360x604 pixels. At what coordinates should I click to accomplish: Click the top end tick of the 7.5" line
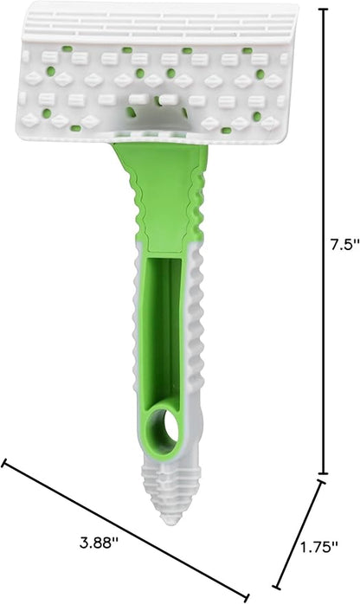pos(324,9)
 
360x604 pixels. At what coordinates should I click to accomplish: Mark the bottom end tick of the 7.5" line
pos(324,473)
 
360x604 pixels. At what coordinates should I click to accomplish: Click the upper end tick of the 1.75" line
pos(323,481)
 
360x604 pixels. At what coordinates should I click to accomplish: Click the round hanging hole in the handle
pos(169,427)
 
